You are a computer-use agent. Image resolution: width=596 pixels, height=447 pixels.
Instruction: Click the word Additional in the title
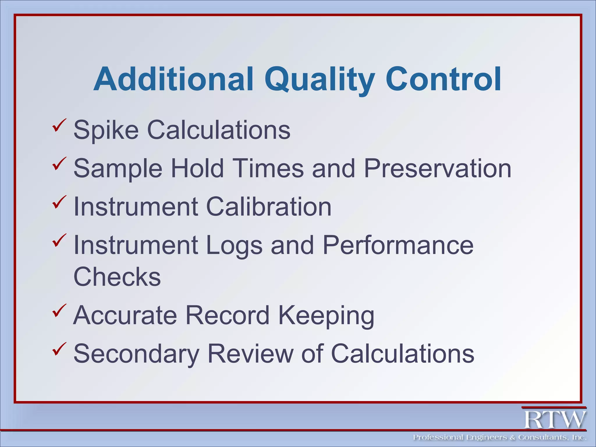(173, 79)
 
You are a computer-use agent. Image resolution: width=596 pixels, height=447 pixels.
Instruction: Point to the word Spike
(106, 130)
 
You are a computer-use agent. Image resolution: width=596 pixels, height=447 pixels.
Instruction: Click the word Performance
(398, 245)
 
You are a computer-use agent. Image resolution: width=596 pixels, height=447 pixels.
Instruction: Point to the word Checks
(117, 276)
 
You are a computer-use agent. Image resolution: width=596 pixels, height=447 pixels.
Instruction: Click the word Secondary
(136, 354)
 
